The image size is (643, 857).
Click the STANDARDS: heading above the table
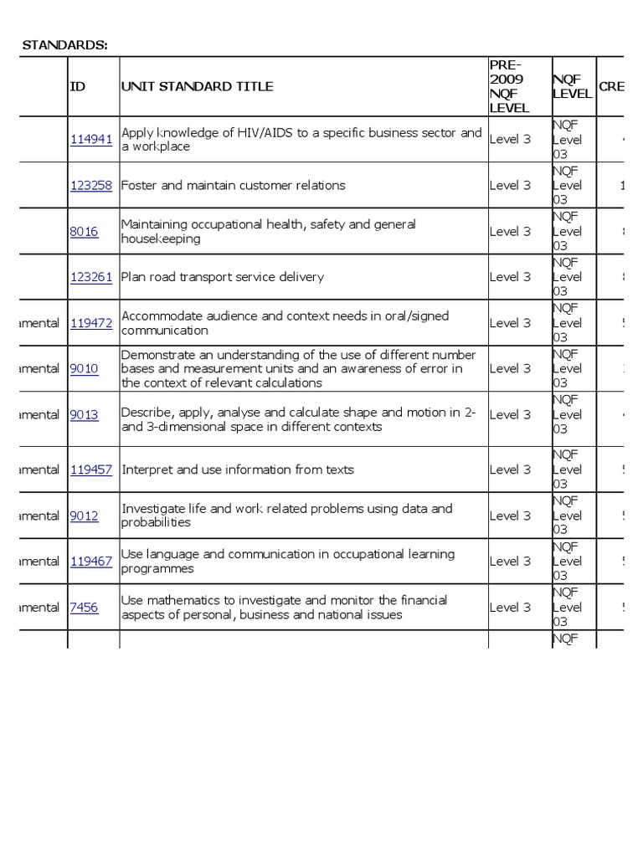(64, 44)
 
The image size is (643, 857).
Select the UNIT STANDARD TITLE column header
(197, 86)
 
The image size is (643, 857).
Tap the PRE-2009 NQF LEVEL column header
(510, 86)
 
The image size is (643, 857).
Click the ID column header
(78, 86)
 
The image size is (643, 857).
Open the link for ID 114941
(90, 140)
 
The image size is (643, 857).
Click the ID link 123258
(90, 186)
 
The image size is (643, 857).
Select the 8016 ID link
(84, 232)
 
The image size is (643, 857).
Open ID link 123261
(90, 277)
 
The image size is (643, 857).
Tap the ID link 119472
(90, 323)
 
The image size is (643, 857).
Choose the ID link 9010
(84, 369)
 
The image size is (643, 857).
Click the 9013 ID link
(84, 415)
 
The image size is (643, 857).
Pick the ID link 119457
(90, 470)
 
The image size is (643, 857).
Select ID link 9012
(84, 516)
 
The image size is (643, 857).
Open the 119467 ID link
(90, 562)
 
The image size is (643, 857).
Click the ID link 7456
(84, 608)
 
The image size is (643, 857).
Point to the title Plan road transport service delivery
(223, 277)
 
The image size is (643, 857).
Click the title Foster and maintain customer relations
(234, 186)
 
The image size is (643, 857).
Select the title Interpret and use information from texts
(238, 470)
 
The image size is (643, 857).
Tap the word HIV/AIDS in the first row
(254, 132)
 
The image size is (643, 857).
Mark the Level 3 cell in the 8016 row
(510, 232)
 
